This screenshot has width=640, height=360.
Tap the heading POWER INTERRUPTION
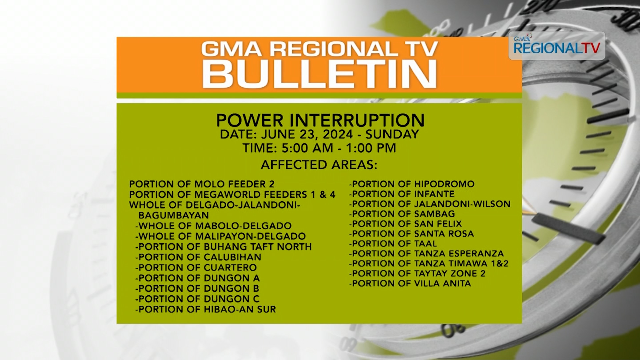click(x=320, y=120)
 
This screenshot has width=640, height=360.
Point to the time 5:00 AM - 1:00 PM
click(x=319, y=148)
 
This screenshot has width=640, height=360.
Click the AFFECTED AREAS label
click(x=319, y=165)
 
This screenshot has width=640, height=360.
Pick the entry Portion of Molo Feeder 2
click(x=202, y=184)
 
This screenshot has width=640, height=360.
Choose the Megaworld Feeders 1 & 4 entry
click(x=232, y=194)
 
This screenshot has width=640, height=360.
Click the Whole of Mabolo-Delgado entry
click(x=213, y=226)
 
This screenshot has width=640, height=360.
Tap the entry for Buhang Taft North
click(x=223, y=247)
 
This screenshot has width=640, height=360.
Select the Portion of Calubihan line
click(x=198, y=257)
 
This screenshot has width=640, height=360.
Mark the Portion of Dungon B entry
click(x=197, y=288)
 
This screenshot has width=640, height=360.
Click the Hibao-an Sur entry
click(x=206, y=309)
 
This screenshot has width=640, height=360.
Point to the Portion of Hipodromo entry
click(x=412, y=184)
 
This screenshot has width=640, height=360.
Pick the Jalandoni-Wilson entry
click(x=430, y=204)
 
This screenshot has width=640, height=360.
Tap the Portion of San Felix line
click(x=405, y=224)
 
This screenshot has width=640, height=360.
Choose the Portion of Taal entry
click(x=393, y=243)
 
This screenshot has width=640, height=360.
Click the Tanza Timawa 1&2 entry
click(x=429, y=263)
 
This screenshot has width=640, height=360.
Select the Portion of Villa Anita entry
click(x=410, y=283)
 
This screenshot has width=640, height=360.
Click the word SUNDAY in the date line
click(x=392, y=134)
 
